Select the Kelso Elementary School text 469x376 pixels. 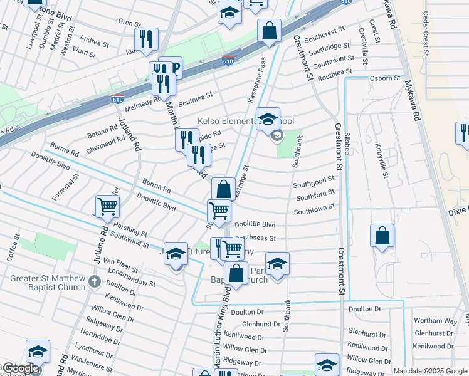pos(245,121)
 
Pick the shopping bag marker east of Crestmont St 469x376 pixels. pos(382,236)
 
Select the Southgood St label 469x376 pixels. pos(314,182)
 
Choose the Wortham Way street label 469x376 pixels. pos(436,321)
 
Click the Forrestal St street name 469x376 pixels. pos(66,186)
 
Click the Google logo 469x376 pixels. pos(20,368)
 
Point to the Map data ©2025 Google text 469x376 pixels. pos(429,371)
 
